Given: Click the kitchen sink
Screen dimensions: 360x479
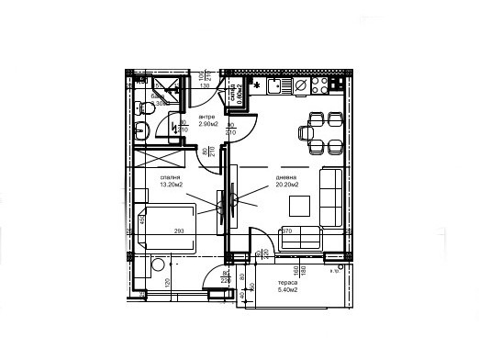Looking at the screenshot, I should click(299, 85).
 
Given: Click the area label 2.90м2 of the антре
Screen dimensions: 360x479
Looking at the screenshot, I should click(207, 124).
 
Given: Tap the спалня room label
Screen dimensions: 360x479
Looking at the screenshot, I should click(170, 176).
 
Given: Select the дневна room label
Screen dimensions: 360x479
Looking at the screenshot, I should click(284, 176).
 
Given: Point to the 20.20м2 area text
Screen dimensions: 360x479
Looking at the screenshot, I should click(286, 185).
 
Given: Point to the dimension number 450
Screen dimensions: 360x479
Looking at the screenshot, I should click(140, 220).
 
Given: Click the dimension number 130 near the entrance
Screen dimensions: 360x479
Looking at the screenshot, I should click(204, 85).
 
